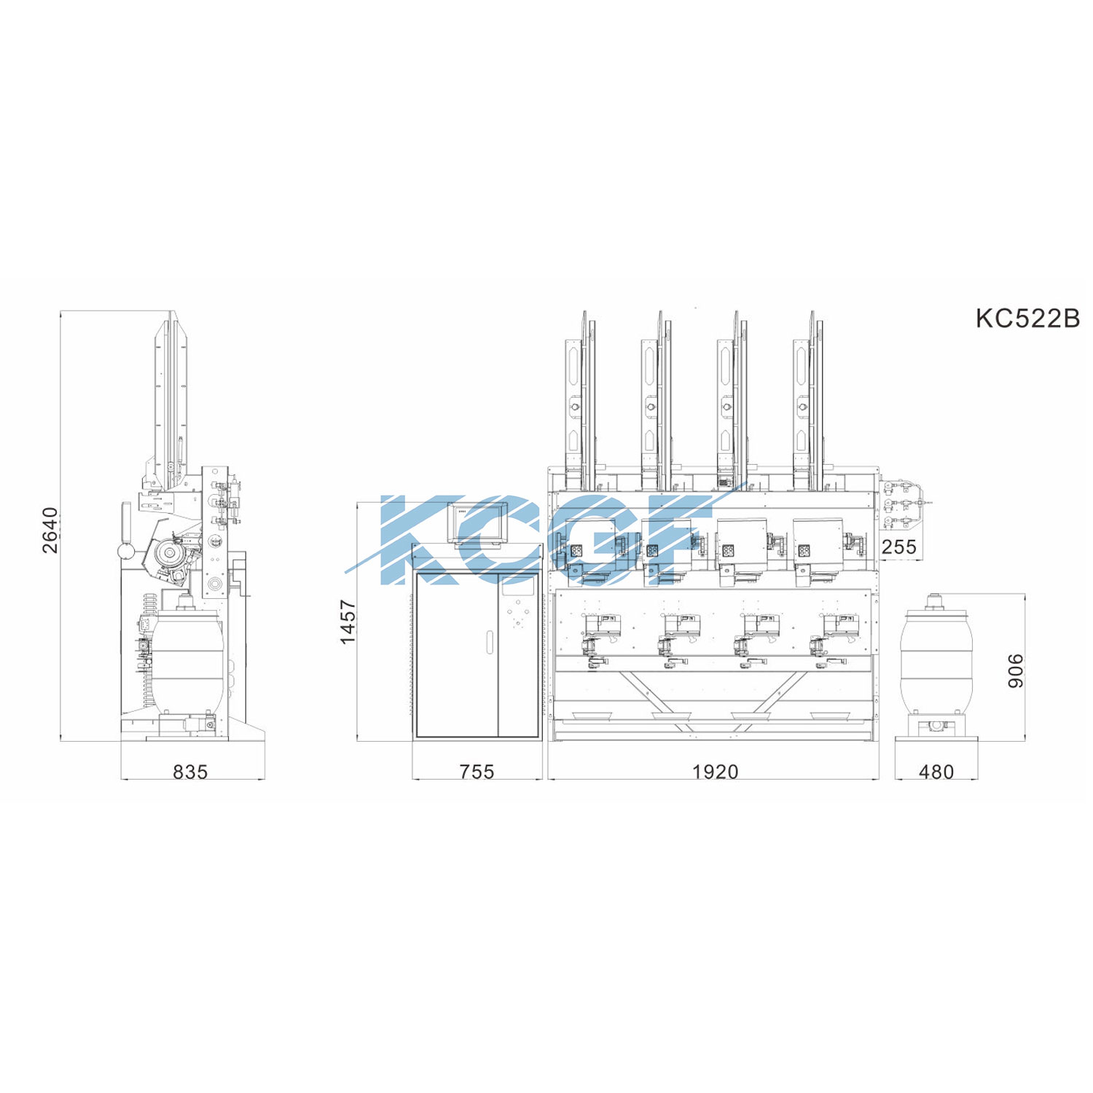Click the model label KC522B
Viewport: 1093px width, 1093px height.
click(1027, 318)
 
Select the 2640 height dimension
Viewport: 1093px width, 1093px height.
click(50, 530)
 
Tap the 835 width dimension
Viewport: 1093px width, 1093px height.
click(190, 771)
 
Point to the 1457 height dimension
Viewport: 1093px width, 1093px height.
click(348, 622)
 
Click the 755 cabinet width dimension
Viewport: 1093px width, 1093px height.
click(477, 771)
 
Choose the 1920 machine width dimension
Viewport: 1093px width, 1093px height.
click(715, 771)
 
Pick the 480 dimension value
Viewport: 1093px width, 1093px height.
click(936, 771)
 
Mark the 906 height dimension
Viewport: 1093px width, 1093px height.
click(1015, 670)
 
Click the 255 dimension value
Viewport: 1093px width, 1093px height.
click(899, 546)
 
